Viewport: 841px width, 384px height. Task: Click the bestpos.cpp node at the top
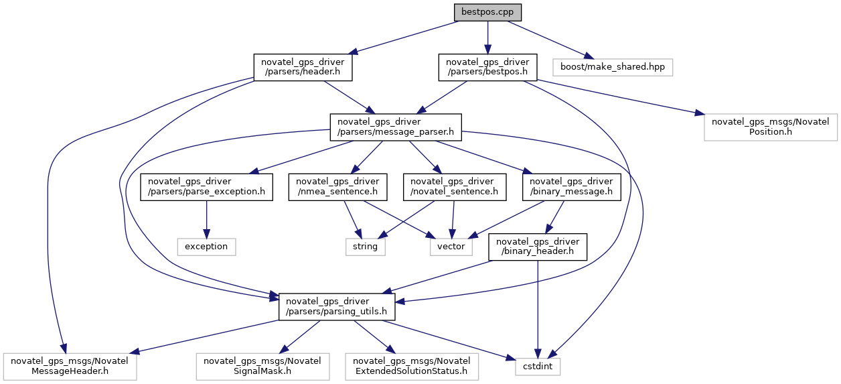pyautogui.click(x=487, y=13)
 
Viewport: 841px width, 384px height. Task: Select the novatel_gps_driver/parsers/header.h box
pyautogui.click(x=303, y=67)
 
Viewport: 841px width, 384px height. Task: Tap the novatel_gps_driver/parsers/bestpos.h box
pyautogui.click(x=487, y=67)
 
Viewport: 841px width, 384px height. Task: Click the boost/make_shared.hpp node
pyautogui.click(x=613, y=67)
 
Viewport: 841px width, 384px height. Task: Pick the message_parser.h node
pyautogui.click(x=396, y=127)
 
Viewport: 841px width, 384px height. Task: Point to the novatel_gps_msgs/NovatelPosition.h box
pyautogui.click(x=771, y=127)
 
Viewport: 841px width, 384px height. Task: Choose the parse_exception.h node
pyautogui.click(x=206, y=187)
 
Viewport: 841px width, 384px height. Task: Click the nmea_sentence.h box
pyautogui.click(x=337, y=187)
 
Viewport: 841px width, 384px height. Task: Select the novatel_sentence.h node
pyautogui.click(x=455, y=187)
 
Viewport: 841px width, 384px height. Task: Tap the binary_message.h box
pyautogui.click(x=571, y=187)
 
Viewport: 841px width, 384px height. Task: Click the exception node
pyautogui.click(x=206, y=247)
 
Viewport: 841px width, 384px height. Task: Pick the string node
pyautogui.click(x=366, y=247)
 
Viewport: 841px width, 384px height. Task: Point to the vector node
pyautogui.click(x=451, y=247)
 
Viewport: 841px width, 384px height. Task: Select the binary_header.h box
pyautogui.click(x=538, y=247)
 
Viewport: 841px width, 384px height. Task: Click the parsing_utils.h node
pyautogui.click(x=336, y=307)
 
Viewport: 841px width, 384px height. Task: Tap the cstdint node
pyautogui.click(x=538, y=367)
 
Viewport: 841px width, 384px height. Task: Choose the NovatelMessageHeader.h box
pyautogui.click(x=70, y=367)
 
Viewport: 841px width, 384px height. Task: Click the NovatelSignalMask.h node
pyautogui.click(x=262, y=367)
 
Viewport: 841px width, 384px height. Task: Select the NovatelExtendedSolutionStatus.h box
pyautogui.click(x=412, y=367)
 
